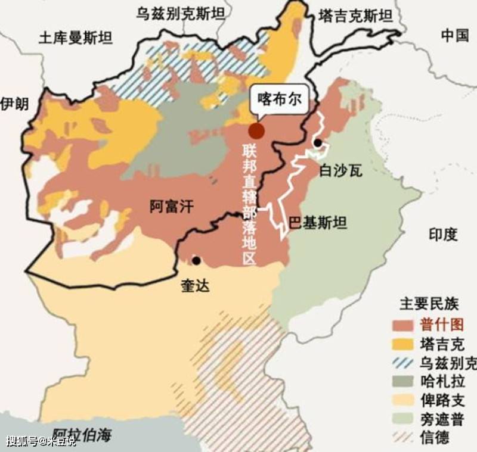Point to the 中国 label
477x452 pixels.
[455, 35]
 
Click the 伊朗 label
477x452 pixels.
[14, 104]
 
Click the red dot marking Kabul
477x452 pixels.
[257, 130]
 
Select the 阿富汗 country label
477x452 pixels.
[171, 207]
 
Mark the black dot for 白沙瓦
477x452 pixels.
[318, 143]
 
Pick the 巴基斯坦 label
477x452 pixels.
[317, 223]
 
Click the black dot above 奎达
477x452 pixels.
[196, 261]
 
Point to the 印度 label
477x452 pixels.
[442, 234]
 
